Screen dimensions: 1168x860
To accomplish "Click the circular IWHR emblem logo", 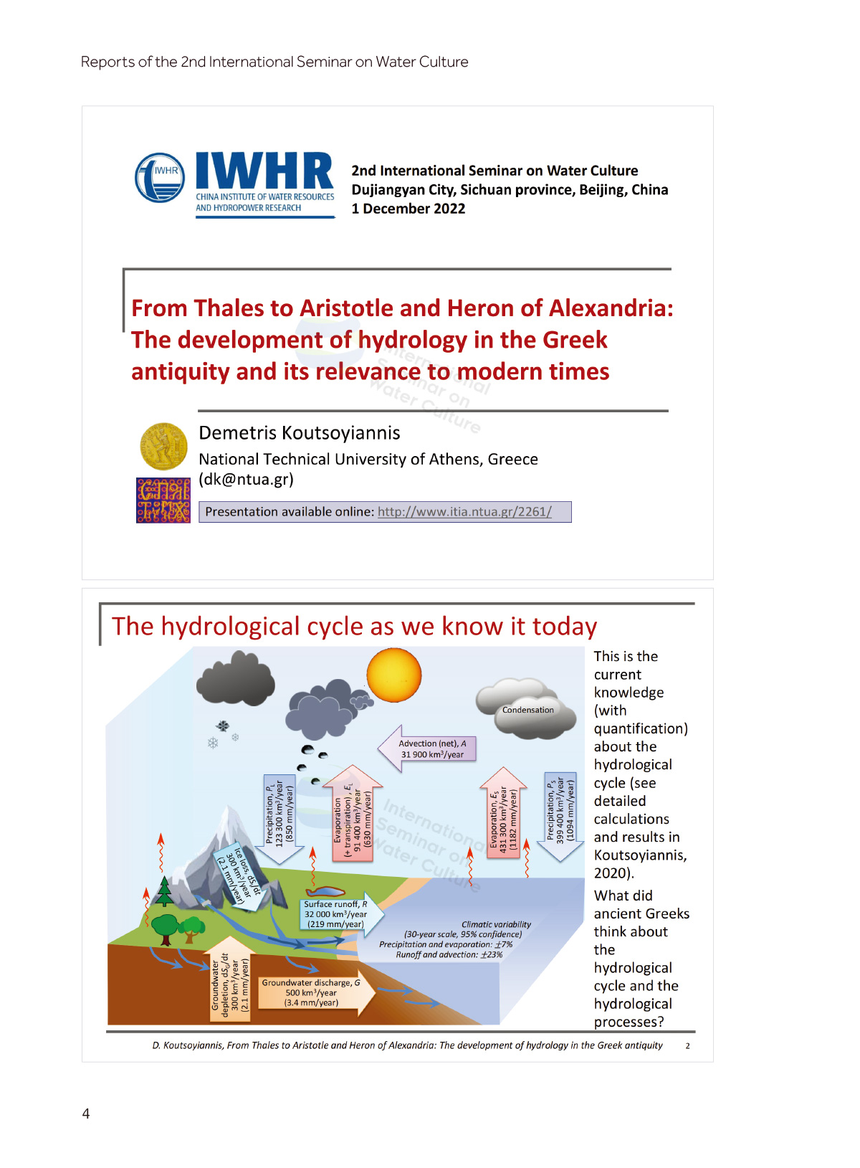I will pyautogui.click(x=160, y=178).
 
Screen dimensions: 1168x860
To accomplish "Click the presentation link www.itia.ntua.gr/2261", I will pyautogui.click(x=464, y=512).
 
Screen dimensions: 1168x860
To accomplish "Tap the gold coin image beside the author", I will pyautogui.click(x=163, y=446).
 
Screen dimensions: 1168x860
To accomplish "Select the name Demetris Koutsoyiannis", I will pyautogui.click(x=299, y=433).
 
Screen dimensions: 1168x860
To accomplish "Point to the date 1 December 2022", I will pyautogui.click(x=408, y=209).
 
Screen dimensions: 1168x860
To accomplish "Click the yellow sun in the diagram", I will pyautogui.click(x=393, y=675).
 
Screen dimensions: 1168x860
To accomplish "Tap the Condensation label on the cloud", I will pyautogui.click(x=527, y=710).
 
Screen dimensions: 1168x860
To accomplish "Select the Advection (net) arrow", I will pyautogui.click(x=427, y=749).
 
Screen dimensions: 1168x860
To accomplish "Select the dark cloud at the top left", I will pyautogui.click(x=236, y=679).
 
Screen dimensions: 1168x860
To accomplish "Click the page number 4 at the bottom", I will pyautogui.click(x=86, y=1114).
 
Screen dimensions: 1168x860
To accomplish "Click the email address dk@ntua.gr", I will pyautogui.click(x=246, y=479).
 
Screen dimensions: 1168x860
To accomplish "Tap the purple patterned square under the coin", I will pyautogui.click(x=163, y=500).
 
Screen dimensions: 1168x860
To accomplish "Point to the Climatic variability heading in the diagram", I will pyautogui.click(x=496, y=924).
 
